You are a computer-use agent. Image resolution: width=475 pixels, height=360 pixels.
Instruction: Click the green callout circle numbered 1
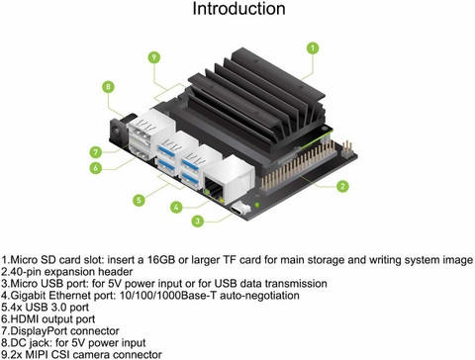pos(313,48)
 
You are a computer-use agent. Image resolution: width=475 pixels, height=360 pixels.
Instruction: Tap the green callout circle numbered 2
pos(342,186)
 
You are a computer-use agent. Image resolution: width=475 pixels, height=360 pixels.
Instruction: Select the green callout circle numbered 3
pos(198,221)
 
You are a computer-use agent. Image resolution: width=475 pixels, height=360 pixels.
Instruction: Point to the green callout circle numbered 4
pos(176,207)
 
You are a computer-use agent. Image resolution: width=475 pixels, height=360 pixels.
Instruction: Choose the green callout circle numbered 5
pos(139,200)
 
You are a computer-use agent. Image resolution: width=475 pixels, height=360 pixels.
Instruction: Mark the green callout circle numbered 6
pos(96,168)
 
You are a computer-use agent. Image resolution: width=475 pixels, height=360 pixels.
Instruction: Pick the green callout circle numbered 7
pos(96,152)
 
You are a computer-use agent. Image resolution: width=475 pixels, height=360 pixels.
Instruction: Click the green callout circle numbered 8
pos(108,87)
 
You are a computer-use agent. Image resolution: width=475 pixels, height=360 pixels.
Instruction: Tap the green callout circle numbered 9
pos(153,57)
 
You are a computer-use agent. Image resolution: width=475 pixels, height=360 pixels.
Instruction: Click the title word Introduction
pos(238,9)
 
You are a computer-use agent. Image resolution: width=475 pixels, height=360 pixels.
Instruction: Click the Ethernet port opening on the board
pos(214,188)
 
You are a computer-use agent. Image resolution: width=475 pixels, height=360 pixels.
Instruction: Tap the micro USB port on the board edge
pos(240,210)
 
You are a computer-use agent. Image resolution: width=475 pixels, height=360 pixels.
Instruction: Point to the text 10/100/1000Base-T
pos(168,296)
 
